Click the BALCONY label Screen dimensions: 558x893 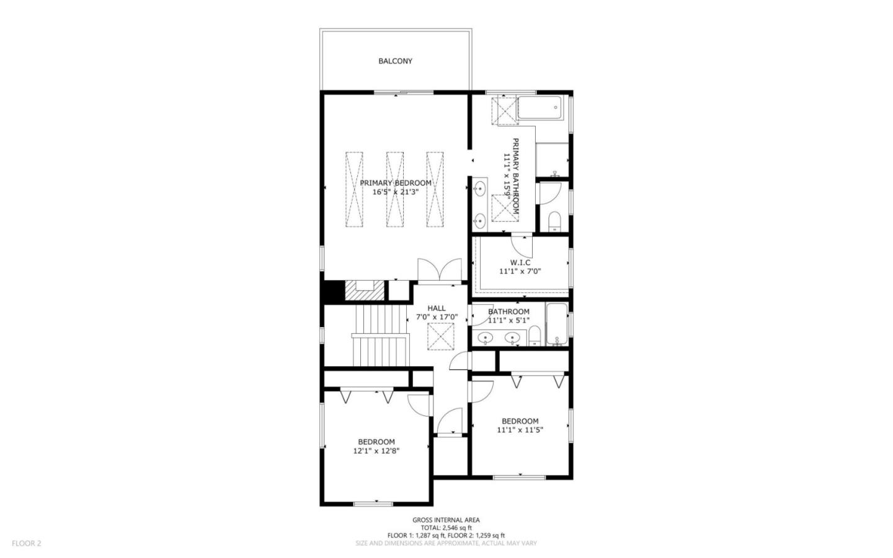pyautogui.click(x=395, y=61)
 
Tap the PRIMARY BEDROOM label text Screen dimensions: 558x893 pyautogui.click(x=395, y=182)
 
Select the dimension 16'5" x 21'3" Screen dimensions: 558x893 pyautogui.click(x=395, y=192)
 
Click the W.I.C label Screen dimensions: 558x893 pyautogui.click(x=520, y=262)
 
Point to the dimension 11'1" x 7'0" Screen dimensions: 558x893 pyautogui.click(x=520, y=271)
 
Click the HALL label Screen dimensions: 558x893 pyautogui.click(x=436, y=308)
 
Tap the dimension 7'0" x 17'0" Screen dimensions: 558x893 pyautogui.click(x=436, y=317)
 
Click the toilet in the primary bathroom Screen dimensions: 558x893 pyautogui.click(x=554, y=220)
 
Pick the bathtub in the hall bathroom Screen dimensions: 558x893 pyautogui.click(x=556, y=323)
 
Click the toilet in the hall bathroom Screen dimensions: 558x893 pyautogui.click(x=535, y=337)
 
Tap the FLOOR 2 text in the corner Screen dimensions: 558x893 pyautogui.click(x=26, y=543)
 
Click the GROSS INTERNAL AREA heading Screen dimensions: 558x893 pyautogui.click(x=446, y=520)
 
